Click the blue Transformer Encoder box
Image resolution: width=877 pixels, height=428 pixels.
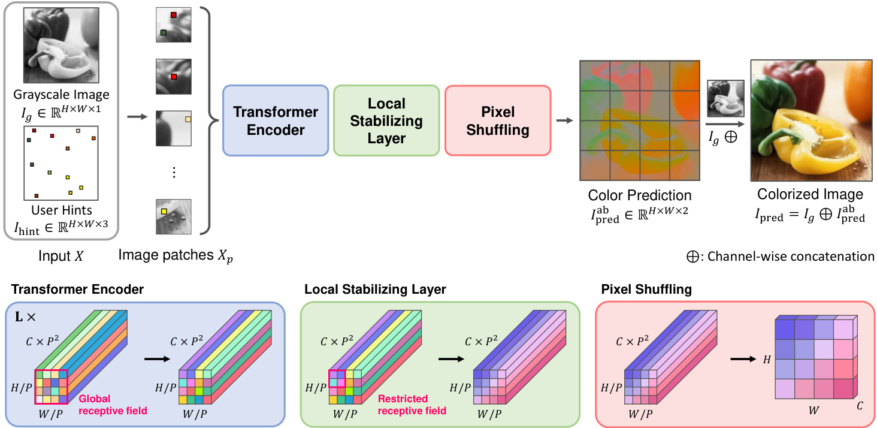pos(276,121)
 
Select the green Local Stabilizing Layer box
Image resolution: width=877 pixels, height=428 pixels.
pos(386,121)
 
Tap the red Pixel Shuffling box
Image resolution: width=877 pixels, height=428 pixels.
pos(497,121)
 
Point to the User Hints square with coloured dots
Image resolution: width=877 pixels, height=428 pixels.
pos(61,163)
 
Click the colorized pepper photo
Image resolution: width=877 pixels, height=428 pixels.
pos(810,120)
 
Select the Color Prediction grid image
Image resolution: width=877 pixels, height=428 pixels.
pos(640,120)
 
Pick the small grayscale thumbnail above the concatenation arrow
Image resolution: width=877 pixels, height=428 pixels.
pos(725,98)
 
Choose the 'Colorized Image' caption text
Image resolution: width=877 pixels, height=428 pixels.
pos(810,194)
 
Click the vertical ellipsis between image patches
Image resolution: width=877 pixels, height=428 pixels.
pos(174,173)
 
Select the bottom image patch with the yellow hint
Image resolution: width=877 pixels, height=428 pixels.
pos(174,216)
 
